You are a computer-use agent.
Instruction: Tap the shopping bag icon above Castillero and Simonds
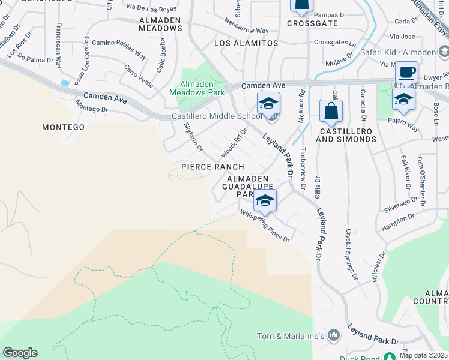(331, 111)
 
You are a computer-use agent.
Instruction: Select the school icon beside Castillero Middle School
(268, 103)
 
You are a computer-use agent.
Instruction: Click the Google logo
(20, 353)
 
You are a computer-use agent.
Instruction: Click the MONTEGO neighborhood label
(63, 127)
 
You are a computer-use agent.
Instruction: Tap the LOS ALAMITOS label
(247, 43)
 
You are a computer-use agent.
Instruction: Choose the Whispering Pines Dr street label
(265, 225)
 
